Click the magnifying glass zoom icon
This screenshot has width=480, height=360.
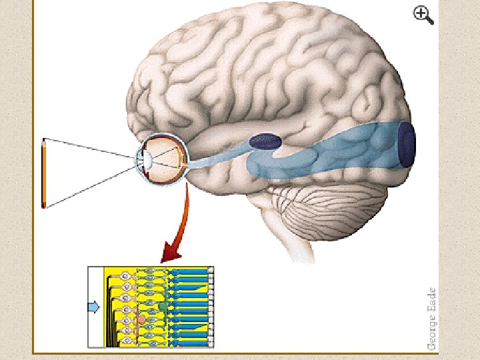click(423, 15)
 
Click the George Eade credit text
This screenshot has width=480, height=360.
click(432, 318)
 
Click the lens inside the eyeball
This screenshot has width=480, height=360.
click(149, 161)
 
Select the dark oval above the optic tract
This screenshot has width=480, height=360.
click(265, 141)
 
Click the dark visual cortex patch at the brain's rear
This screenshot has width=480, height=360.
click(406, 143)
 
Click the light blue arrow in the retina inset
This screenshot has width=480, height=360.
click(94, 307)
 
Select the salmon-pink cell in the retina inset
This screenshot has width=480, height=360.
click(141, 321)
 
